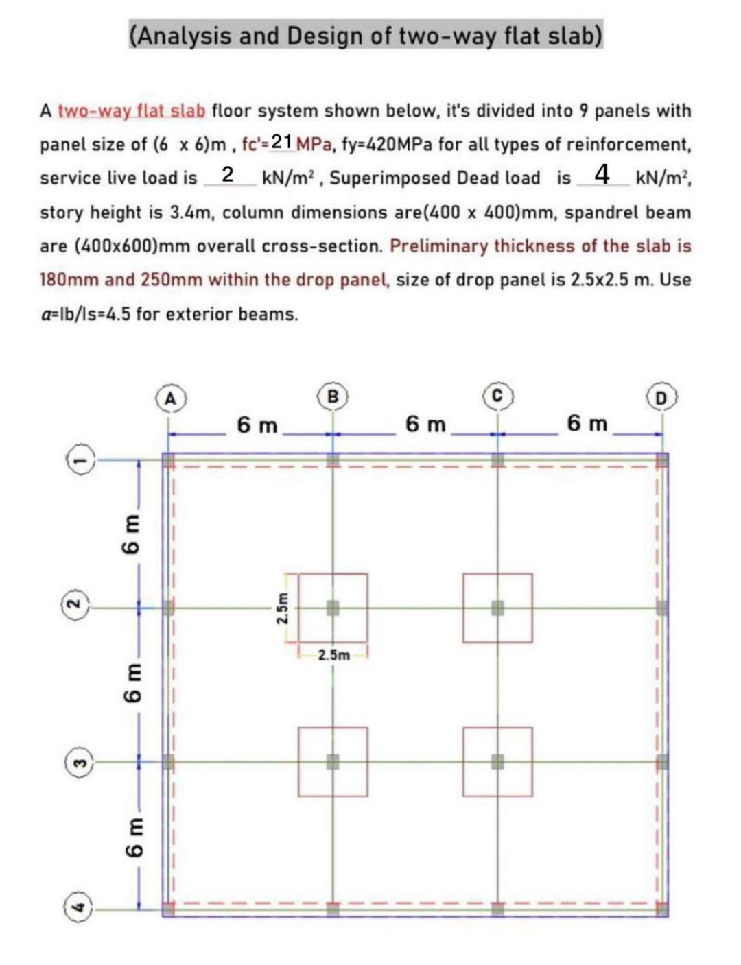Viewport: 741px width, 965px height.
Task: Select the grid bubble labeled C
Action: tap(498, 396)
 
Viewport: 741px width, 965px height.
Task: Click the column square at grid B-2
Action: tap(333, 608)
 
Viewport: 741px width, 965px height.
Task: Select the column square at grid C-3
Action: tap(498, 761)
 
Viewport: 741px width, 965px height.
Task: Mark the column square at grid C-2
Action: tap(498, 608)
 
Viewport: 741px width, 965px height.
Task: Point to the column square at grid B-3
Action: tap(333, 761)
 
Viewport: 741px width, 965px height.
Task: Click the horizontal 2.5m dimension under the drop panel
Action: tap(333, 655)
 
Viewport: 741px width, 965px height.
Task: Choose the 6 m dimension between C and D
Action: tap(587, 424)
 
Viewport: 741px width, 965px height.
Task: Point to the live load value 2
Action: tap(228, 175)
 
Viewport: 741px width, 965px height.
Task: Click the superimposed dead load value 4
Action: tap(602, 175)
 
